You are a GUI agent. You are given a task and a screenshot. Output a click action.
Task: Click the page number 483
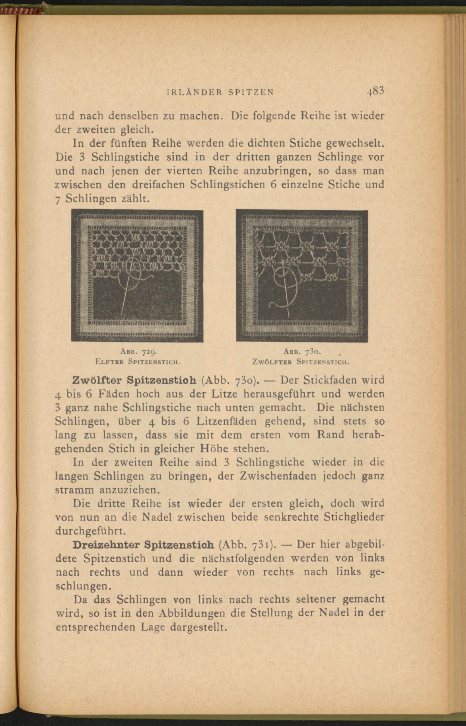(x=375, y=91)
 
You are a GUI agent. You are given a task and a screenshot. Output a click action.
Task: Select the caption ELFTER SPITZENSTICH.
(x=138, y=361)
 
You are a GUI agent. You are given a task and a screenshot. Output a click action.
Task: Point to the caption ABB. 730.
(x=302, y=352)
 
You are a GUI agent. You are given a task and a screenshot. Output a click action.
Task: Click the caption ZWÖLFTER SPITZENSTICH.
(x=301, y=361)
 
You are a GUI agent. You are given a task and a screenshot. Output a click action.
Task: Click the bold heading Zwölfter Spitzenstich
(x=134, y=380)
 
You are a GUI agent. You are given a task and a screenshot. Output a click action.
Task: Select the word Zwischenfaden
(x=278, y=476)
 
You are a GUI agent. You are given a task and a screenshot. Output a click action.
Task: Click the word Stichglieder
(x=354, y=517)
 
